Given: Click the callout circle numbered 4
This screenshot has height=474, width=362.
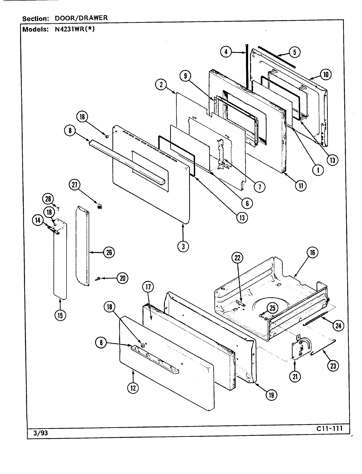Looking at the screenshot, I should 225,52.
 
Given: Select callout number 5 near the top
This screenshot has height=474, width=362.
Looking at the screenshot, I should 295,52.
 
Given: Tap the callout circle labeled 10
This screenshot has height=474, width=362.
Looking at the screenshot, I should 325,74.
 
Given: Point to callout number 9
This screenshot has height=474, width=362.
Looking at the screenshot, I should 185,76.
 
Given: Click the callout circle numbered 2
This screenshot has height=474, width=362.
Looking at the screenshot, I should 161,85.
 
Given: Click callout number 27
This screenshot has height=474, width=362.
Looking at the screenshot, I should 75,185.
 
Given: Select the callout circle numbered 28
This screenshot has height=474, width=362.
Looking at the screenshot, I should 48,199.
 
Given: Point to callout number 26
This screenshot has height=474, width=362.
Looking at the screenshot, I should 109,252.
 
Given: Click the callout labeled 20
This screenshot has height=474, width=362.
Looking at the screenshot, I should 122,278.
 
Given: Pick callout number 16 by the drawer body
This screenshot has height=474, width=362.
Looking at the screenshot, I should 312,252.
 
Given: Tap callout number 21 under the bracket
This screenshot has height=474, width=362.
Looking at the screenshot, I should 295,377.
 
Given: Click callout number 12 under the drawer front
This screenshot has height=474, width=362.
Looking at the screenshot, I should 133,388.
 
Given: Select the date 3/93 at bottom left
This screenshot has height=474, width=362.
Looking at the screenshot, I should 41,434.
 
